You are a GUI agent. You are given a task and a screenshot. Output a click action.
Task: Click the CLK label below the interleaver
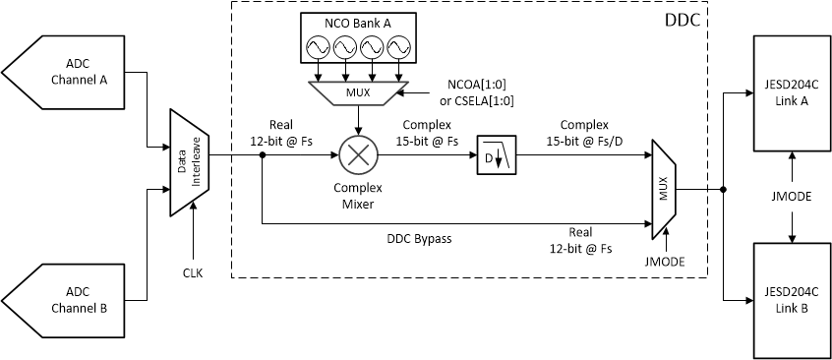[x=193, y=272]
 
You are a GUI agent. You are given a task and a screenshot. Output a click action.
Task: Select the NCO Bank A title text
[x=358, y=21]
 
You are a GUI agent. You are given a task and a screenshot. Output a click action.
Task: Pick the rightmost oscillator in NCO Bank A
[x=399, y=48]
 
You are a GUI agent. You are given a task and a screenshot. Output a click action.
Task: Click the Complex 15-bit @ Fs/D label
[x=584, y=133]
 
